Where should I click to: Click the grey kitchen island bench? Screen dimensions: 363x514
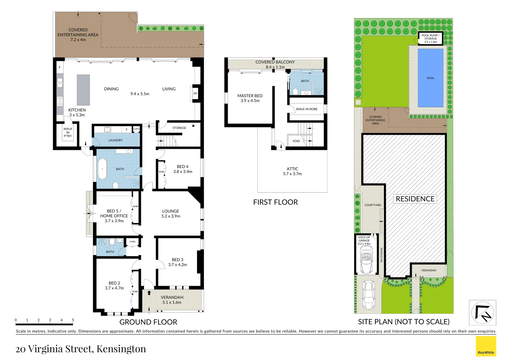83,90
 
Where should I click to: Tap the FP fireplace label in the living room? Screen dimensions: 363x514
195,93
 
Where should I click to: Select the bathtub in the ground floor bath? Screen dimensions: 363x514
102,169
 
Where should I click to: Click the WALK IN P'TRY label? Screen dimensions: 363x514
68,132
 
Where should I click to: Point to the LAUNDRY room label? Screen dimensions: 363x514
115,140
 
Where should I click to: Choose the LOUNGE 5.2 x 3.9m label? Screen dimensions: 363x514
171,214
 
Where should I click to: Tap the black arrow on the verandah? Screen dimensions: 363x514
149,293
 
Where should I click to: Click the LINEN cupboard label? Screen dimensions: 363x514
133,242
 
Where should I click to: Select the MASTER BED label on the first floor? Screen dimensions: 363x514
250,98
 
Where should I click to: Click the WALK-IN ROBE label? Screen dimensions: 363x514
306,109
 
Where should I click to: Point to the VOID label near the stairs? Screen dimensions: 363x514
296,141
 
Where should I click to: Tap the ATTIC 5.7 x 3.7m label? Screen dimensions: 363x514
292,171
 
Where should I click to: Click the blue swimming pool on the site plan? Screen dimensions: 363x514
430,78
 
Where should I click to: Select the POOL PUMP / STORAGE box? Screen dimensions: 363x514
430,38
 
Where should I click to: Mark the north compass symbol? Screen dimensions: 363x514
482,313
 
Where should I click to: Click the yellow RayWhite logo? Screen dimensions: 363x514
486,346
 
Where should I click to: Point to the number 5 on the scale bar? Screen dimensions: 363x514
73,320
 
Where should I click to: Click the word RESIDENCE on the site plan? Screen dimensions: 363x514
415,199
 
